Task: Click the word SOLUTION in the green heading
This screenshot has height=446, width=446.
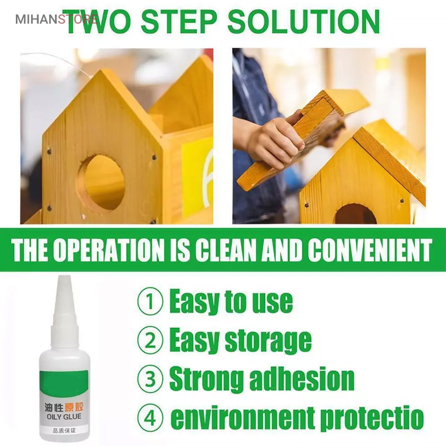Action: click(x=304, y=22)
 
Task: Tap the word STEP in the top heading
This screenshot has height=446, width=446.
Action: click(x=179, y=22)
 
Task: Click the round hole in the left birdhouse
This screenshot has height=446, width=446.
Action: click(x=101, y=182)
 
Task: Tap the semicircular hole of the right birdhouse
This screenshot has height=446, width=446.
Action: click(x=355, y=214)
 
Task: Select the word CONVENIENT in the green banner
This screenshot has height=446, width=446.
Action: click(x=370, y=250)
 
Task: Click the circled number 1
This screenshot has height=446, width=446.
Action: click(x=150, y=301)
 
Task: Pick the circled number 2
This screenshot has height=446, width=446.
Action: click(x=150, y=340)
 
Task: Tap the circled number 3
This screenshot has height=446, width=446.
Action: click(x=150, y=379)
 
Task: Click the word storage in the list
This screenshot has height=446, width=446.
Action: click(x=268, y=341)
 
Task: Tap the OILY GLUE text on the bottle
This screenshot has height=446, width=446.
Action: click(x=64, y=417)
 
